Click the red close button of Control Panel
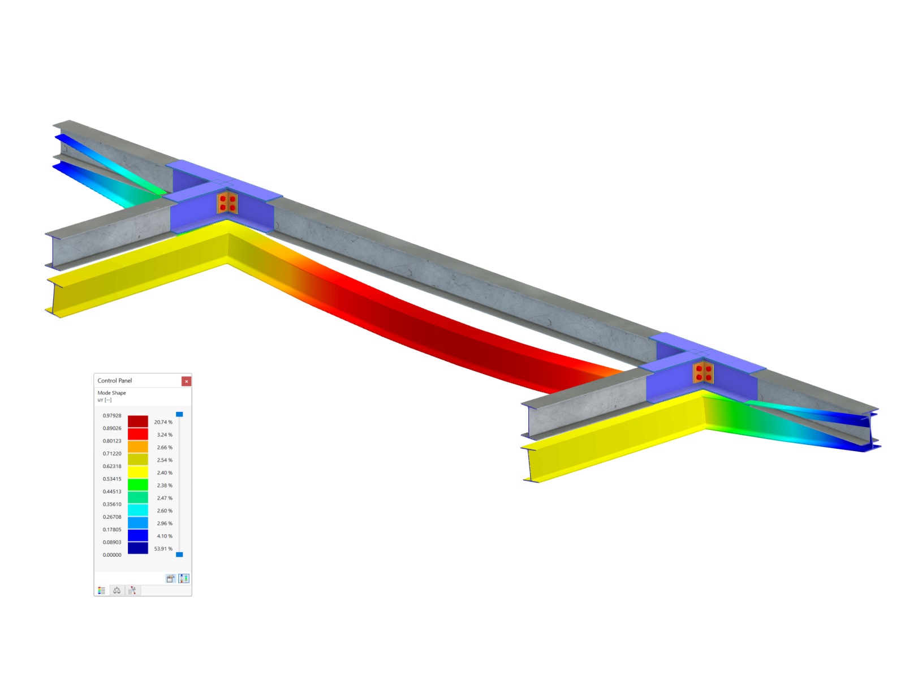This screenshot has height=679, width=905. click(186, 381)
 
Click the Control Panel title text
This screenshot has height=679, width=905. click(115, 381)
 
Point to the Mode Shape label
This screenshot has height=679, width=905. click(112, 393)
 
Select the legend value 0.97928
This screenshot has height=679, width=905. click(112, 415)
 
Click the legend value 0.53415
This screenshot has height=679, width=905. click(112, 479)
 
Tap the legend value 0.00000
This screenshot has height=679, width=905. click(112, 555)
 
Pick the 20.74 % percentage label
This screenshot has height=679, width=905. click(163, 422)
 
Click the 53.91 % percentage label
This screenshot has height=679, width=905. click(163, 549)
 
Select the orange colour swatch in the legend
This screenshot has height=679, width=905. click(138, 447)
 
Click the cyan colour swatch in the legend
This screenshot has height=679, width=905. click(138, 510)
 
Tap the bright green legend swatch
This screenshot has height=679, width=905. click(138, 485)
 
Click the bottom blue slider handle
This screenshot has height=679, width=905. click(179, 555)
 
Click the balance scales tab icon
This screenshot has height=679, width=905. click(117, 590)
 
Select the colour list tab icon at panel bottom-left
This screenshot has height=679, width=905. click(102, 590)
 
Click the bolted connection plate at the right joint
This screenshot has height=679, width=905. click(704, 373)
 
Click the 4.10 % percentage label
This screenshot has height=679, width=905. click(165, 536)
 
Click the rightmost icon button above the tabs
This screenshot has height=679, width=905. click(184, 578)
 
